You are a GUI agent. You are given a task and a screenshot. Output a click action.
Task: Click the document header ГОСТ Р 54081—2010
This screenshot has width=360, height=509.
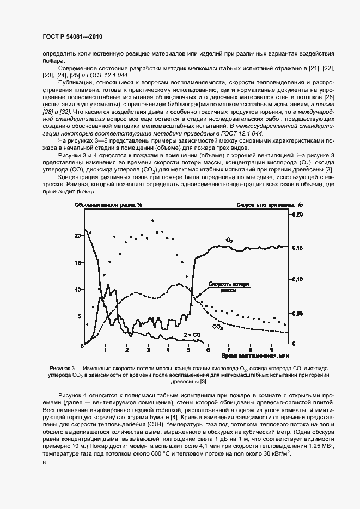coord(72,36)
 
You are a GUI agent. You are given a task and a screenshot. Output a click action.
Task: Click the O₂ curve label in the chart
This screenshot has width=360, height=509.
coord(229,240)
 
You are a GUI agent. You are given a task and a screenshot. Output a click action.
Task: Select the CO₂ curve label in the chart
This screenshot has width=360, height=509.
coord(217,327)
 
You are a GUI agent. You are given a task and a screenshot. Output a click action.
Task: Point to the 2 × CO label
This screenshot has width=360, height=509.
coord(192,335)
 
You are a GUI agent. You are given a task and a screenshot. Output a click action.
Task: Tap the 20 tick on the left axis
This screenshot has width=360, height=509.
coord(77,236)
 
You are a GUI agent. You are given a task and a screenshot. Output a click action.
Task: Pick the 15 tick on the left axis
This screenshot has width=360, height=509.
coord(77,262)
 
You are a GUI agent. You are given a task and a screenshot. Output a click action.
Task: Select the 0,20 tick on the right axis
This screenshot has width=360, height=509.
coord(297,215)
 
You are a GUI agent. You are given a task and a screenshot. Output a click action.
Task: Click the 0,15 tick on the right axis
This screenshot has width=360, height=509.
coord(297,248)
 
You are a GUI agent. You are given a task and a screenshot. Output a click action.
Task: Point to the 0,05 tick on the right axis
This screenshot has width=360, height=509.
coord(297,313)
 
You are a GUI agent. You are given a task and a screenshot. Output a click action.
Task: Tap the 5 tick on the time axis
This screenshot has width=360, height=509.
coord(188,349)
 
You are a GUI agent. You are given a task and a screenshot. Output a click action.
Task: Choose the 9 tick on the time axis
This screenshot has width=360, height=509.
coord(272,349)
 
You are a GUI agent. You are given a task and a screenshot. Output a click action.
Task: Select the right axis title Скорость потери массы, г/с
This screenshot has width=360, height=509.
coord(265,205)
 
